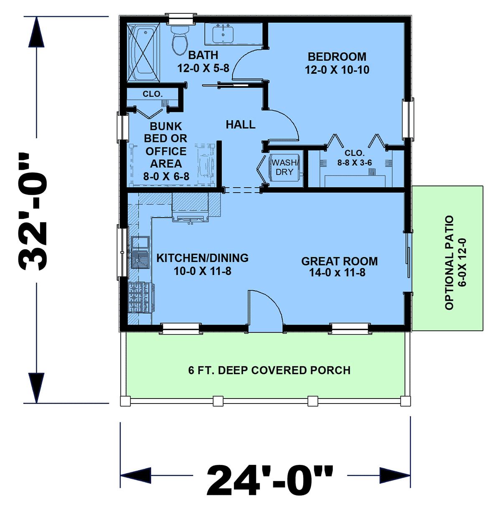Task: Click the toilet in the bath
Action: [x=180, y=40]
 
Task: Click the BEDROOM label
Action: [x=337, y=57]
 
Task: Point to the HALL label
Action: [x=240, y=124]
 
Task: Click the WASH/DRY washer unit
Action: [x=284, y=167]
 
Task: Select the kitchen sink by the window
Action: [x=140, y=259]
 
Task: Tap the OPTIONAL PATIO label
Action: [x=449, y=263]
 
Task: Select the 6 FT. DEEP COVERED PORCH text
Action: [x=269, y=371]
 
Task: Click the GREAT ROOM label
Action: [x=339, y=261]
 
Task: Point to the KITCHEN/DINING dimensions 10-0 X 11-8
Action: [x=202, y=271]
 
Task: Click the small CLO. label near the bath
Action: [x=152, y=94]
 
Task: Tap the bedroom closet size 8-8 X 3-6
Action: [x=354, y=163]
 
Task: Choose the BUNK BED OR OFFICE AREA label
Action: [x=166, y=152]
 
